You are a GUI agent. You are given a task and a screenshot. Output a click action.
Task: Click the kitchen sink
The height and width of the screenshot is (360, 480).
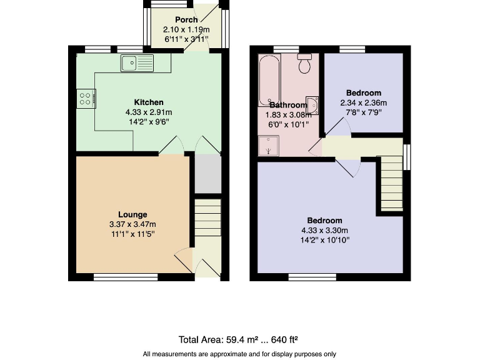point(137,62)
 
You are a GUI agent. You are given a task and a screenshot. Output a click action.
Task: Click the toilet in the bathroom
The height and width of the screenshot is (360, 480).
point(305,64)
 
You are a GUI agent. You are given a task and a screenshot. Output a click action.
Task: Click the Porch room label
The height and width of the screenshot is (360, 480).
point(186,20)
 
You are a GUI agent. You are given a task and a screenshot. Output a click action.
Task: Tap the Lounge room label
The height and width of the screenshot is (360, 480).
point(133,214)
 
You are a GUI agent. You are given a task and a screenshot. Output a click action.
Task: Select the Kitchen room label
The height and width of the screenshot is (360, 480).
point(149,102)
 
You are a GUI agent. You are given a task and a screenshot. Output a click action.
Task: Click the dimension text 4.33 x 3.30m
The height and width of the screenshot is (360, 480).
point(324,231)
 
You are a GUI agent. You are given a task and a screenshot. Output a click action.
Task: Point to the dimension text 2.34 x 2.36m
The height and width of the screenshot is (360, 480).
point(363,103)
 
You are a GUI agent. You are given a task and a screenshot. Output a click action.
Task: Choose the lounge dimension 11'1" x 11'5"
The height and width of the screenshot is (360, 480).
point(133,234)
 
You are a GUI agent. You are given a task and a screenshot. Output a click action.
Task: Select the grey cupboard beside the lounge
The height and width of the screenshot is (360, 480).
point(207,173)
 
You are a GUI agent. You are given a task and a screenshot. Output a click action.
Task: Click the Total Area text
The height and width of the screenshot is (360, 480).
point(238,340)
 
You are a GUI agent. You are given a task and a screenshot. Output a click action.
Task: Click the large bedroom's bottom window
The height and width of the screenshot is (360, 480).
point(312,276)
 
